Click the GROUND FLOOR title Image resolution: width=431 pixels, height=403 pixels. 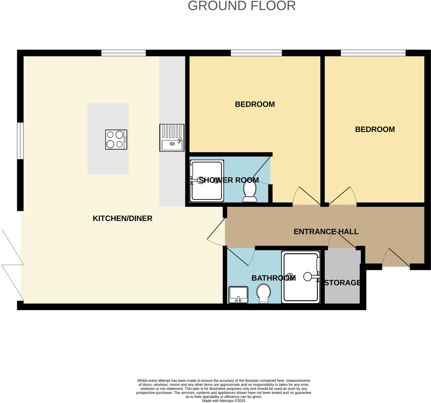point(242,6)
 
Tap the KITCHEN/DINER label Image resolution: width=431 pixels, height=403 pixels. point(122,218)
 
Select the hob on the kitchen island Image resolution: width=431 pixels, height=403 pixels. point(116,139)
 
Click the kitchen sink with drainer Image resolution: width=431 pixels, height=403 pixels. point(172,138)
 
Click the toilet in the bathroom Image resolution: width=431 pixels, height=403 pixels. point(264,293)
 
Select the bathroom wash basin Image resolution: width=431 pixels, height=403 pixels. point(238,294)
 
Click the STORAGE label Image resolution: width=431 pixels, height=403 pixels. point(342,283)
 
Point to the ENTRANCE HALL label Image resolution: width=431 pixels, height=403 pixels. point(326,232)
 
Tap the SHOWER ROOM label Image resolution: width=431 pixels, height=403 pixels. point(229,180)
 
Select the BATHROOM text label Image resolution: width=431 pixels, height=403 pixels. point(273,278)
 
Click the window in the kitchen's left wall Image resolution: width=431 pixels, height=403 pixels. point(20,141)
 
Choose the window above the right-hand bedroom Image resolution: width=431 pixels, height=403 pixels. point(373,53)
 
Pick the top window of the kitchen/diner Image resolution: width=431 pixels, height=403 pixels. point(123,53)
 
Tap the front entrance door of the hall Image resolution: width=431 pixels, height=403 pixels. point(396,258)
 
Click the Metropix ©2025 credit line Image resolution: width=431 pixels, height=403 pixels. point(223,401)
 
